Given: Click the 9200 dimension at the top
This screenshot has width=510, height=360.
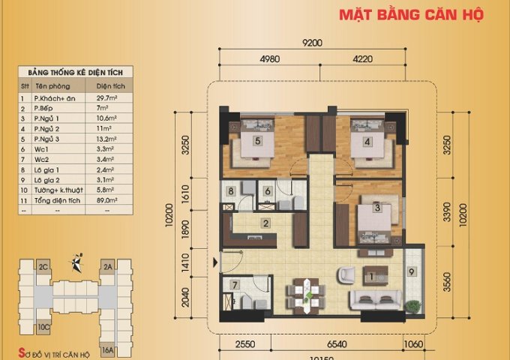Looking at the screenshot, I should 312,43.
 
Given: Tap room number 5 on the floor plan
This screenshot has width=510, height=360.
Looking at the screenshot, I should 257,140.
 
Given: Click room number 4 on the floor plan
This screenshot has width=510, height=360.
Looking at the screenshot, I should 367,141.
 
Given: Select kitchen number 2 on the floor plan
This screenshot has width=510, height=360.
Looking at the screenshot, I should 265,222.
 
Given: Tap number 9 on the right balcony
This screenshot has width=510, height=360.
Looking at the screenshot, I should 412,273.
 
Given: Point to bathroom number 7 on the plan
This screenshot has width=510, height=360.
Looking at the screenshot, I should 235,285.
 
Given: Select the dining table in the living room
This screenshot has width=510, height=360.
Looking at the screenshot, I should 305,292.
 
